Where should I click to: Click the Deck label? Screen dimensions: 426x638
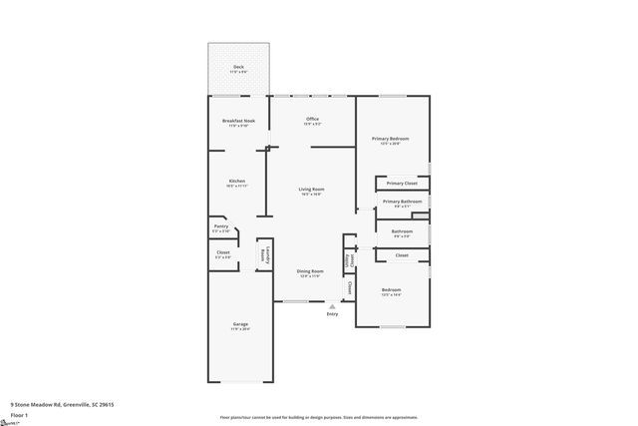click(238, 67)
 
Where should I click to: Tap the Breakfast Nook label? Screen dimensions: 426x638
click(238, 121)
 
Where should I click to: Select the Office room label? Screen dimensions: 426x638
click(312, 119)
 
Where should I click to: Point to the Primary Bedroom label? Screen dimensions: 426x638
click(391, 138)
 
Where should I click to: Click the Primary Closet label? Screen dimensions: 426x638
click(402, 184)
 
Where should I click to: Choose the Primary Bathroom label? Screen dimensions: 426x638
click(402, 201)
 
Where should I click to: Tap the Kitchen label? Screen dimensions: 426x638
click(236, 181)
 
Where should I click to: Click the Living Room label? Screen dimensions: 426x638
click(312, 189)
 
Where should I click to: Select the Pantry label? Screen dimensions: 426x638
click(221, 226)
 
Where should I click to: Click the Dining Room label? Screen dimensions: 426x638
click(310, 271)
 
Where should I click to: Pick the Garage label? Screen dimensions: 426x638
click(240, 324)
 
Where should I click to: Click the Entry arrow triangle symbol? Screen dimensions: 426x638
click(332, 306)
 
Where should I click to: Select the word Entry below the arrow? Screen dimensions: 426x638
click(332, 314)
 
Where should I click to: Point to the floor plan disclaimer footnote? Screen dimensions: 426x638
click(318, 417)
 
